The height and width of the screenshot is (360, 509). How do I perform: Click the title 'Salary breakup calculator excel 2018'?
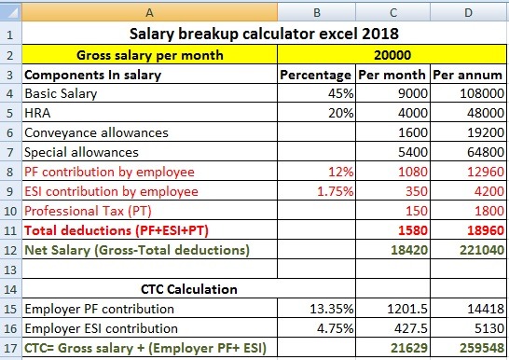pos(264,34)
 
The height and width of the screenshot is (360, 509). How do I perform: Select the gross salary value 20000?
pos(392,55)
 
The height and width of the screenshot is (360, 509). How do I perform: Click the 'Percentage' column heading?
pos(315,75)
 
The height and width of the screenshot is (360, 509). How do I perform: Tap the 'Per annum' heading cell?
pos(467,75)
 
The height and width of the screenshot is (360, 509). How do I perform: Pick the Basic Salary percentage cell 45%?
pos(340,93)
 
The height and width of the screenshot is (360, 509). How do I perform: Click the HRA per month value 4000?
pos(413,113)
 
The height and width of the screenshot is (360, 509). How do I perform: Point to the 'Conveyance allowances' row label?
pos(96,132)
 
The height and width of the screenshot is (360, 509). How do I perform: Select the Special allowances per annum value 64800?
pos(486,152)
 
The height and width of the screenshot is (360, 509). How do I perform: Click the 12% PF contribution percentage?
pos(341,172)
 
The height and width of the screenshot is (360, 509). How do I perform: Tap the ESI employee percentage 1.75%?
pos(336,191)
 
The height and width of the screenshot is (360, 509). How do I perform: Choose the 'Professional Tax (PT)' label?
pos(88,211)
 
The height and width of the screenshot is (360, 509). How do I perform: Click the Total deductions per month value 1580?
pos(413,230)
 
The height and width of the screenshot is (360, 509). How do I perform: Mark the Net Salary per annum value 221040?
pos(482,250)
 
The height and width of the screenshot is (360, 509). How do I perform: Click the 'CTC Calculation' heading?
pos(189,289)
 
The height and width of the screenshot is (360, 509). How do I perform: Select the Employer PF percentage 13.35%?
pos(332,309)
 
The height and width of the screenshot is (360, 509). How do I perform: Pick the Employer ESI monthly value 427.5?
pos(411,328)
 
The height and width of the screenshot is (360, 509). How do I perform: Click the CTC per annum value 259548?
pos(482,348)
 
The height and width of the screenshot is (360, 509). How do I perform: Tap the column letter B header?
pos(317,12)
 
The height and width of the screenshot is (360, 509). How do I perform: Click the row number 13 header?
pos(10,270)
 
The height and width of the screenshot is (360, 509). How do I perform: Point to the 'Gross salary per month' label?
pos(150,55)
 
